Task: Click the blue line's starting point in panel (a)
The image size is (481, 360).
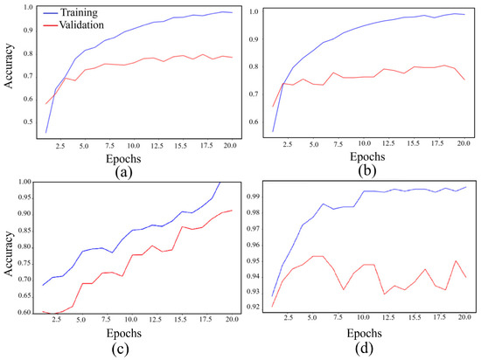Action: (45, 133)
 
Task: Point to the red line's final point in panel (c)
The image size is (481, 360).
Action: (232, 210)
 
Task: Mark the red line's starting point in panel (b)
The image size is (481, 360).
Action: (273, 107)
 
